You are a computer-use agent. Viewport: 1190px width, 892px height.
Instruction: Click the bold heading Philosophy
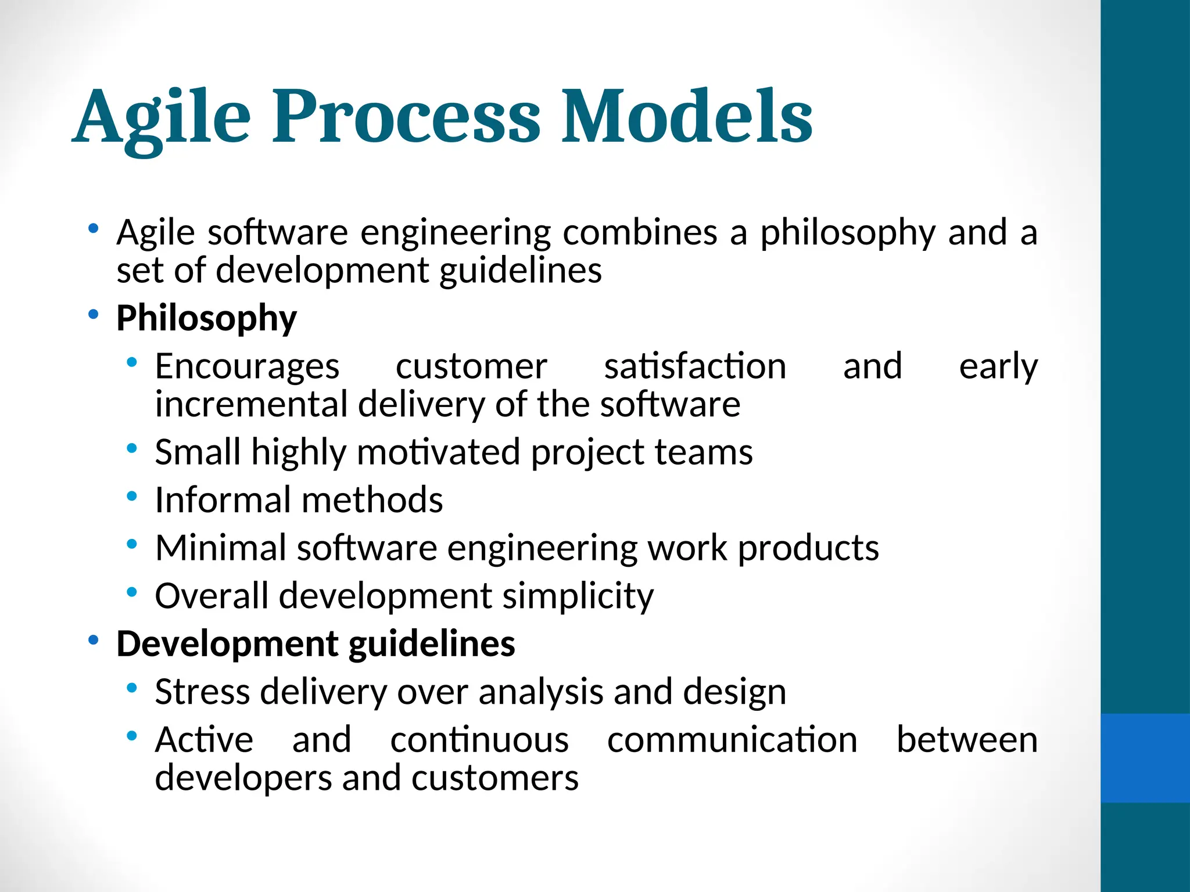click(x=206, y=319)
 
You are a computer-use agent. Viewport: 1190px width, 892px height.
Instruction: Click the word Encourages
click(x=247, y=367)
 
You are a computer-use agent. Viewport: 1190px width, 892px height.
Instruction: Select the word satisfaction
click(x=695, y=367)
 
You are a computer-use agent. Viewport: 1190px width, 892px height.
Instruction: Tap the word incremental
click(x=251, y=404)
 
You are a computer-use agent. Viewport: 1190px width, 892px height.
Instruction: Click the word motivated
click(x=438, y=452)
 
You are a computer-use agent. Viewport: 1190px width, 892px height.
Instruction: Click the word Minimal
click(x=221, y=548)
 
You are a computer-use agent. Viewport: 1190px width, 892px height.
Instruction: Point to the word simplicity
click(x=578, y=597)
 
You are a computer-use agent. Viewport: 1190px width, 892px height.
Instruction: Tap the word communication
click(x=732, y=740)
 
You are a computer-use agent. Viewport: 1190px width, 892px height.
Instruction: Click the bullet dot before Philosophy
click(x=93, y=315)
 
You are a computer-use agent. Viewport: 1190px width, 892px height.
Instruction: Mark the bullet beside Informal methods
click(x=132, y=496)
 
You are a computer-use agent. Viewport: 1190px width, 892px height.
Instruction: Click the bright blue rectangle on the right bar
click(x=1145, y=758)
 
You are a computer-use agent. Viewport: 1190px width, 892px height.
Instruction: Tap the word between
click(x=967, y=740)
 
